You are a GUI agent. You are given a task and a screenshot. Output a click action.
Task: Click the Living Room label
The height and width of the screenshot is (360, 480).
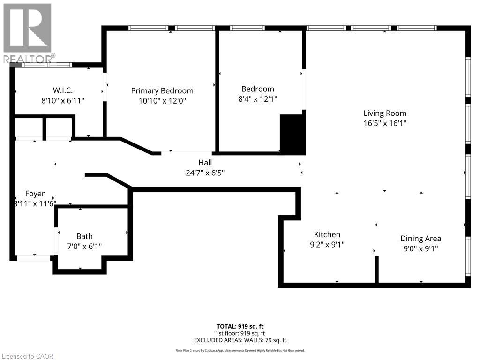tap(385, 113)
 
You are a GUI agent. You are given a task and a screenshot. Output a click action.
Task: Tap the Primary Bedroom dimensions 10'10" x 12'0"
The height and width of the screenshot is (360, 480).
tap(162, 100)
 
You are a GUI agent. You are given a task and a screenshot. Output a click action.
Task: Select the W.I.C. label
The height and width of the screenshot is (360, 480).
tap(62, 90)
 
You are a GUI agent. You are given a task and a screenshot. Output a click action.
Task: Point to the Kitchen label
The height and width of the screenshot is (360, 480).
tap(327, 234)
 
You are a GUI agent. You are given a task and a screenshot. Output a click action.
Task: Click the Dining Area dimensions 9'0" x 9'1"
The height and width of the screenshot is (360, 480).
tap(420, 249)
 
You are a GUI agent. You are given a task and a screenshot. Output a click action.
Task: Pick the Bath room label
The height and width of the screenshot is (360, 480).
tap(85, 236)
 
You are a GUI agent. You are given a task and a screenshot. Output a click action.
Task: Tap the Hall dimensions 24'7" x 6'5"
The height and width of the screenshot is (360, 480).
tap(205, 172)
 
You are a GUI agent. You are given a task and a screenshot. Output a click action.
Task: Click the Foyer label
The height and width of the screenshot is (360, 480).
tap(35, 194)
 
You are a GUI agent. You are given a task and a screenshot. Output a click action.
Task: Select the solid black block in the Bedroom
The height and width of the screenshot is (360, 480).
tap(292, 134)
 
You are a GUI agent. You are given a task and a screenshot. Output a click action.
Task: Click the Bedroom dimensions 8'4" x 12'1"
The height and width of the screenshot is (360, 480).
tap(257, 99)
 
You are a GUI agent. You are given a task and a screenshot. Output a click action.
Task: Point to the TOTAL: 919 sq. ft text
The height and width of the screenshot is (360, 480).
tap(240, 326)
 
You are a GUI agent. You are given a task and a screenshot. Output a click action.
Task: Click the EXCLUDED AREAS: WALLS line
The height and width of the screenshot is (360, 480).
tap(240, 340)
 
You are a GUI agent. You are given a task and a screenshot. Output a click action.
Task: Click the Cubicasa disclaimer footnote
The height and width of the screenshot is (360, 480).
tap(240, 350)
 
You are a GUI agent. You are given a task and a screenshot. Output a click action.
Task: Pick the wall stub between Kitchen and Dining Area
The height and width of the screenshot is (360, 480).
tap(376, 270)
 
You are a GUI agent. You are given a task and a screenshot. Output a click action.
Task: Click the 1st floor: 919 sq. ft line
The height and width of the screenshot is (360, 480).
tap(240, 333)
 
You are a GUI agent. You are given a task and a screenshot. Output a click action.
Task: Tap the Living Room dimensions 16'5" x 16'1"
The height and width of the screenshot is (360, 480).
tap(385, 123)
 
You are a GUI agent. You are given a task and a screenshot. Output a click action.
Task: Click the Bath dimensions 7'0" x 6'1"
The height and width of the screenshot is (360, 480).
tap(85, 246)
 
